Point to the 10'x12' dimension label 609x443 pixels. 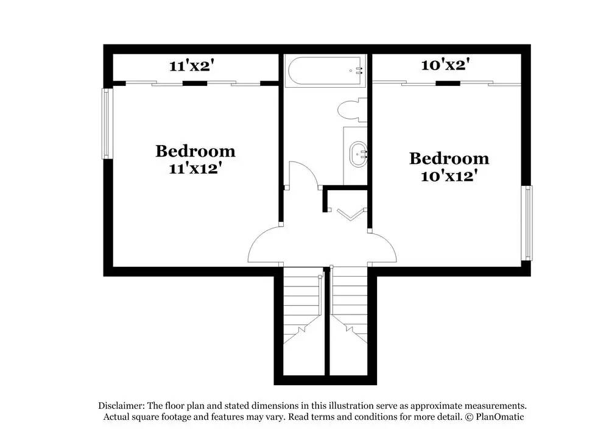(448, 176)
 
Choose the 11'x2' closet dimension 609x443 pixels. (192, 66)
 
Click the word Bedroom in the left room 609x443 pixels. (195, 151)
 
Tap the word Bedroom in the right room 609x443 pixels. (449, 158)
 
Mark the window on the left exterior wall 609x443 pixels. (107, 124)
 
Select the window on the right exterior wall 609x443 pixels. (527, 223)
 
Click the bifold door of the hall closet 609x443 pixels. (347, 214)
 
